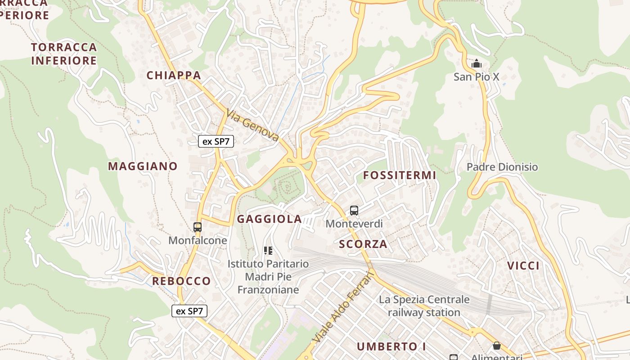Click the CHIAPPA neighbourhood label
[x=174, y=75]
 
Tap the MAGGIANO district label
[x=143, y=166]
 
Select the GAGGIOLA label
[x=269, y=219]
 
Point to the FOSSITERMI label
[x=400, y=175]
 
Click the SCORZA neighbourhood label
[x=363, y=244]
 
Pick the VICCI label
[x=523, y=265]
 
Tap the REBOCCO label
[x=181, y=281]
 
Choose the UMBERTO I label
[x=391, y=346]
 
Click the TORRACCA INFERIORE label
[x=64, y=54]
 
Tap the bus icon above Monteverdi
[x=354, y=210]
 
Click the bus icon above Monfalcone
[x=198, y=227]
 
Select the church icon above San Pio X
[x=476, y=63]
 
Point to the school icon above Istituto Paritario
[x=268, y=251]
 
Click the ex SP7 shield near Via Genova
[x=216, y=141]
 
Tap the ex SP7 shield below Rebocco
[x=189, y=310]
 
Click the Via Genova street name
[x=252, y=126]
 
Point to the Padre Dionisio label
[x=502, y=167]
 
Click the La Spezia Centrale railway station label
[x=424, y=306]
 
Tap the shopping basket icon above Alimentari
[x=496, y=346]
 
